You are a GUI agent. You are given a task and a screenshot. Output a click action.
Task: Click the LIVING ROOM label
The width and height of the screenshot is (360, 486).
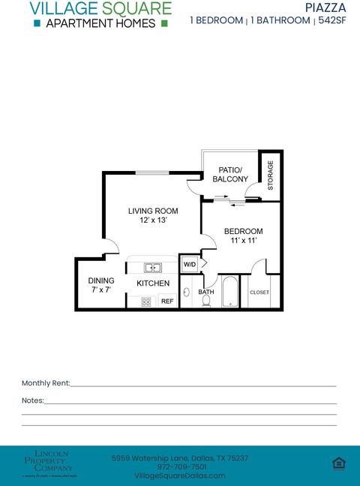[153, 211]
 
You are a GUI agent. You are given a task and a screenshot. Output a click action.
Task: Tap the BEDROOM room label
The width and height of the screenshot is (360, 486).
[243, 231]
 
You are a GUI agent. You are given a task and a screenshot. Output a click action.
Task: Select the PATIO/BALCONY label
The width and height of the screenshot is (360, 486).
[230, 175]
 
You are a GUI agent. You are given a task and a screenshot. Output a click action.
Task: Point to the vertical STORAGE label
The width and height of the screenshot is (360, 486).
[270, 174]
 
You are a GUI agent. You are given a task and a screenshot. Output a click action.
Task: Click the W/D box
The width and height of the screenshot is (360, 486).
[190, 264]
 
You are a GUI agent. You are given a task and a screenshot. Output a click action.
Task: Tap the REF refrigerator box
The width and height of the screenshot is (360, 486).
[167, 301]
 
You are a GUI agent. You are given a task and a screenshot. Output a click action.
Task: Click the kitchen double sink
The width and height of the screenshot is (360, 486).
[153, 266]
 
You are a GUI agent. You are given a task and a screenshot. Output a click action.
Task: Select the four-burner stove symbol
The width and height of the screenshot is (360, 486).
[146, 301]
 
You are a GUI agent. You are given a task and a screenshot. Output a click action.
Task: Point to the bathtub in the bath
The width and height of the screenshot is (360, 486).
[229, 293]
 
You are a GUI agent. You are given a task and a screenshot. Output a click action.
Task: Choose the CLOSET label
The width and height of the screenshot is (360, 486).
[259, 292]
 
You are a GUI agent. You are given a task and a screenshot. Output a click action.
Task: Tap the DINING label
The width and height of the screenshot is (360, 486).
[101, 280]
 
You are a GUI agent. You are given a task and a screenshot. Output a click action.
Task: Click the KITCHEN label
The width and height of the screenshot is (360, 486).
[153, 283]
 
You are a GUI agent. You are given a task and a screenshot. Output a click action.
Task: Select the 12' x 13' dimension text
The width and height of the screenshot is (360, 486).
[153, 220]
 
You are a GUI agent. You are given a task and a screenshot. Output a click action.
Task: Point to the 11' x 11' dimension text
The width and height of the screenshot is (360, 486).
[243, 241]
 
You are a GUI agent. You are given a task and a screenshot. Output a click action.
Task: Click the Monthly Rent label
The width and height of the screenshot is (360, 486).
[46, 383]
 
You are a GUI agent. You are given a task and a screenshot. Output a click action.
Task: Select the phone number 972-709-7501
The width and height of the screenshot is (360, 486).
[179, 466]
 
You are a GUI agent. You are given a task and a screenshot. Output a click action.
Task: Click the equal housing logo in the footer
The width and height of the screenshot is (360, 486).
[338, 463]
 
